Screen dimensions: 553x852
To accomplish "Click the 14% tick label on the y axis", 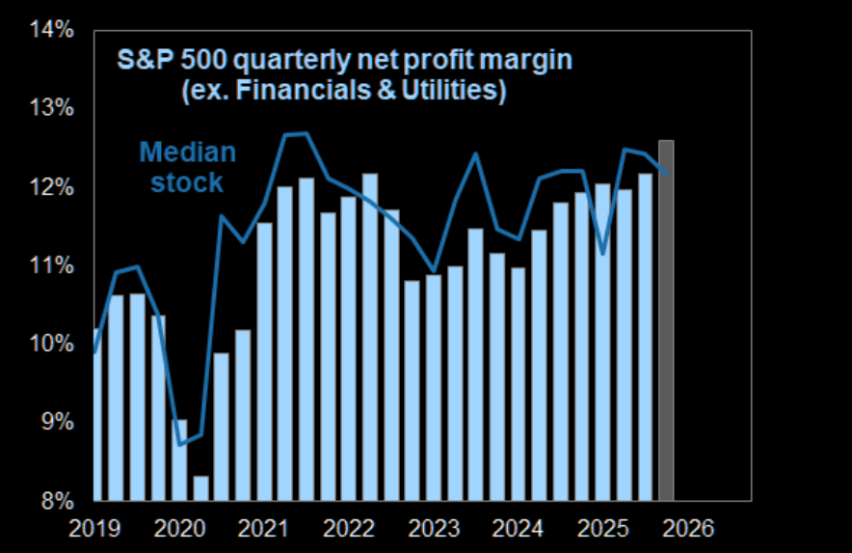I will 53,30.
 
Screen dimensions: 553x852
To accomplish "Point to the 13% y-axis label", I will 53,108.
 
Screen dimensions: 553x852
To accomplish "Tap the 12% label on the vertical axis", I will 53,187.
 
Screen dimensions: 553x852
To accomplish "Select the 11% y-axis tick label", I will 53,265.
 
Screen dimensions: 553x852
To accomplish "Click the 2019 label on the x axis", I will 95,529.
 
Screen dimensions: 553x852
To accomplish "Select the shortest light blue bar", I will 200,488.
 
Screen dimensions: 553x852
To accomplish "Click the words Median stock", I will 187,167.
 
